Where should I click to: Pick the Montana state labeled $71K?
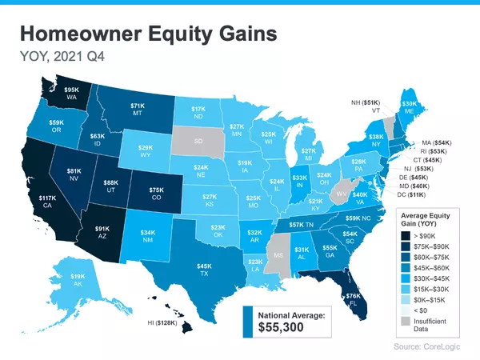pyautogui.click(x=137, y=106)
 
